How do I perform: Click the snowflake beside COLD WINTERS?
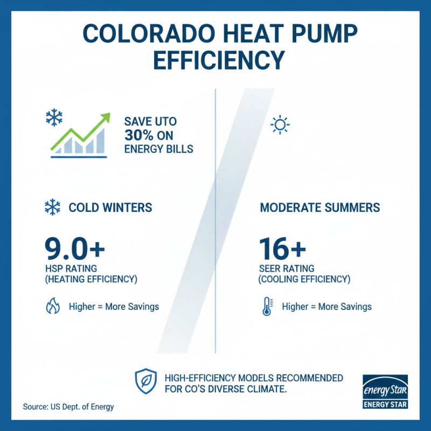52,207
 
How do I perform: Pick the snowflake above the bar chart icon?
54,117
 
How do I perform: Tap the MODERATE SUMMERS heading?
320,207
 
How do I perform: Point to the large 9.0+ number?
74,248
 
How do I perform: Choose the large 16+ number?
282,248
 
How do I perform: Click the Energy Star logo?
385,392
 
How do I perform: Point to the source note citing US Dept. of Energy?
68,407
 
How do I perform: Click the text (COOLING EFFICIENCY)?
304,279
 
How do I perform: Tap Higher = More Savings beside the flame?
114,307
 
